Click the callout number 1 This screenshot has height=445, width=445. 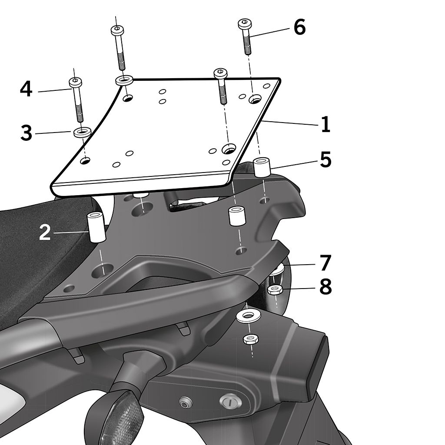click(326, 124)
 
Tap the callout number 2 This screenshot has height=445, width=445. click(45, 232)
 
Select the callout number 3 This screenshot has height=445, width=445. click(27, 133)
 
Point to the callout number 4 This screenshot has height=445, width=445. click(26, 89)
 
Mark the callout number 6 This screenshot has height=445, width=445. click(299, 27)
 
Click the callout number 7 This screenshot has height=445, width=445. click(325, 263)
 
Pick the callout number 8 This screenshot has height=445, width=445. click(325, 287)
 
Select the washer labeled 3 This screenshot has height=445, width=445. click(82, 132)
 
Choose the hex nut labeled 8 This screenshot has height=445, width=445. click(275, 290)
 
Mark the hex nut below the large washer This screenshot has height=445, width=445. click(250, 339)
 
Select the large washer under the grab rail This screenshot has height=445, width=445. click(249, 316)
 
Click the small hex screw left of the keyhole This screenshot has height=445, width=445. click(184, 401)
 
